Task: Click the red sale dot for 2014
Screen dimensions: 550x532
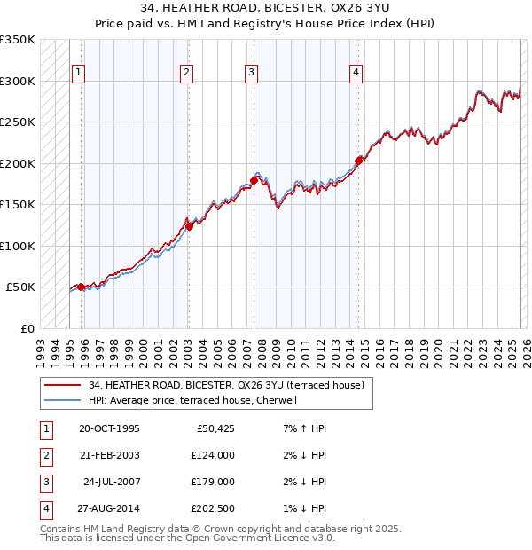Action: coord(359,161)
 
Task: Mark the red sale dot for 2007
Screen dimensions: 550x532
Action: coord(254,180)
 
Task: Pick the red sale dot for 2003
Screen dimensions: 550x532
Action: coord(189,225)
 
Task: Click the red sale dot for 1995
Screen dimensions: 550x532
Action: coord(81,287)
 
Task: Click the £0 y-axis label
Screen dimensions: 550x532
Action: coord(26,328)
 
